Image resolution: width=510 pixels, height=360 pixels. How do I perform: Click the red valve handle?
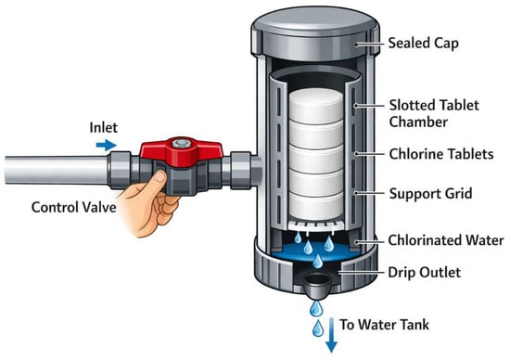click(x=181, y=151)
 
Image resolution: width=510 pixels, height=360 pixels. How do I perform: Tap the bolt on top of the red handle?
click(x=180, y=143)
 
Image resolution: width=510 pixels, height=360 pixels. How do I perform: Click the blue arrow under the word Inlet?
click(x=106, y=145)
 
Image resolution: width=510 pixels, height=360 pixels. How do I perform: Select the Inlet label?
click(x=104, y=127)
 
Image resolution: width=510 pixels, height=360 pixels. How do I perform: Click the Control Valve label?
click(x=74, y=207)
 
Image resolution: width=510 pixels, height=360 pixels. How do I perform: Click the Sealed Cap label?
click(x=424, y=44)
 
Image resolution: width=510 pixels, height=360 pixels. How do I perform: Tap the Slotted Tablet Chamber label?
click(x=434, y=113)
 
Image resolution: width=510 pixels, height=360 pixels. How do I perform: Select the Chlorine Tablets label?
click(x=441, y=154)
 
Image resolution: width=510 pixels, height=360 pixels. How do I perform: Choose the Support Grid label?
click(x=430, y=193)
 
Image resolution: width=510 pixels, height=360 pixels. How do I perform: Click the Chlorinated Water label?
click(x=446, y=240)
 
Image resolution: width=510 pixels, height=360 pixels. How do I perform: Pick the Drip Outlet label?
click(x=424, y=272)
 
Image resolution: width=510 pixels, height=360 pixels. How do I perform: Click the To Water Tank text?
click(x=385, y=325)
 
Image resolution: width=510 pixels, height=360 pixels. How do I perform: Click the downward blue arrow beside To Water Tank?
click(x=331, y=335)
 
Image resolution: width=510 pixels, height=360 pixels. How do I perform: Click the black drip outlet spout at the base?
click(x=317, y=285)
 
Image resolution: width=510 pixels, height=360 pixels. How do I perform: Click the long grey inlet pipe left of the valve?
click(x=56, y=170)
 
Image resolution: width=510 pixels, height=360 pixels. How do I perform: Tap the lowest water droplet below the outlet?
click(x=318, y=328)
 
